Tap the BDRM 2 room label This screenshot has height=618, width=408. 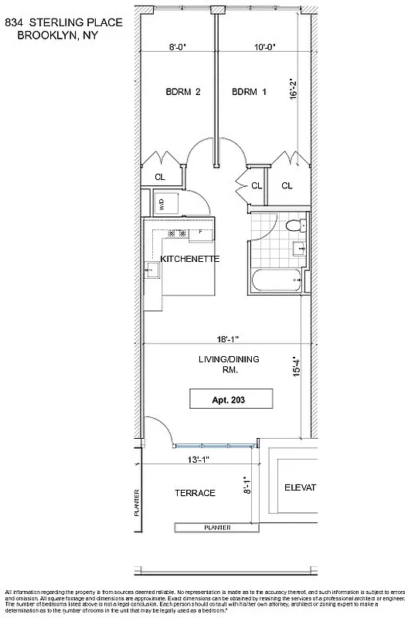[183, 92]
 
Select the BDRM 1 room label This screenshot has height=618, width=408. [249, 92]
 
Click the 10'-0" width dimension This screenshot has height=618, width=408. [264, 46]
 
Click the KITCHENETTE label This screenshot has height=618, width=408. [190, 260]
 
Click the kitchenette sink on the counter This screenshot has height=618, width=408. [152, 270]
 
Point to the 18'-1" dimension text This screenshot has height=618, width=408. [229, 338]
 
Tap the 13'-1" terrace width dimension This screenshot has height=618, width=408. [199, 459]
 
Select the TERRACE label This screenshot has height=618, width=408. [195, 493]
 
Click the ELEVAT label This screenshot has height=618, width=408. [301, 487]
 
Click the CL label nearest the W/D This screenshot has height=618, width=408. [160, 177]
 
